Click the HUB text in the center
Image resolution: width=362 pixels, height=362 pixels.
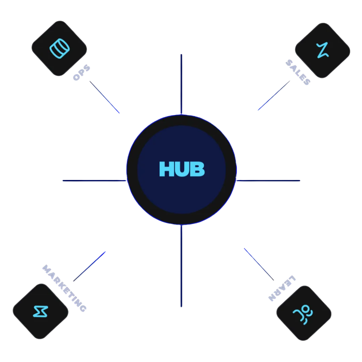coord(182,169)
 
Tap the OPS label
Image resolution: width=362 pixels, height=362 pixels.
coord(81,72)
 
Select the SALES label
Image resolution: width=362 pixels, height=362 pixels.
coord(298,72)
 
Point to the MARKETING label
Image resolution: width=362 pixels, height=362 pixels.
coord(64,288)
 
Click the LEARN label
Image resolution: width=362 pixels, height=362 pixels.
coord(282,288)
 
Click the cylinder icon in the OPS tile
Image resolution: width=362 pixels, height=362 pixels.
coord(60,49)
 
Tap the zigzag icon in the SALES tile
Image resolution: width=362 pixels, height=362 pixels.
coord(322,50)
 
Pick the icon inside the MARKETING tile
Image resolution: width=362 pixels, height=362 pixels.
coord(41,311)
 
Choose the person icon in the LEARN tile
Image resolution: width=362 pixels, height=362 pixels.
coord(303,314)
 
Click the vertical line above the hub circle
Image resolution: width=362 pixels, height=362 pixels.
coord(181,84)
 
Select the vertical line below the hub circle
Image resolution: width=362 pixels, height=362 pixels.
coord(181,266)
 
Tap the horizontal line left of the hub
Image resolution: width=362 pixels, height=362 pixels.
coord(95,181)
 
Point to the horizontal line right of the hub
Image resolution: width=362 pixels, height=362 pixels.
coord(268,181)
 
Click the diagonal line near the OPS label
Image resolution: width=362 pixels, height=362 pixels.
coord(105,97)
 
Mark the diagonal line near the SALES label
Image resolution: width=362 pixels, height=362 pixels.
coord(274,95)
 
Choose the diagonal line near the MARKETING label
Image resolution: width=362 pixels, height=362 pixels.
coord(89,266)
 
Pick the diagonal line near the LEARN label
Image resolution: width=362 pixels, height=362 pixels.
coord(259,264)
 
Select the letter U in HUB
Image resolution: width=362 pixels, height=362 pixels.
coord(182,169)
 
